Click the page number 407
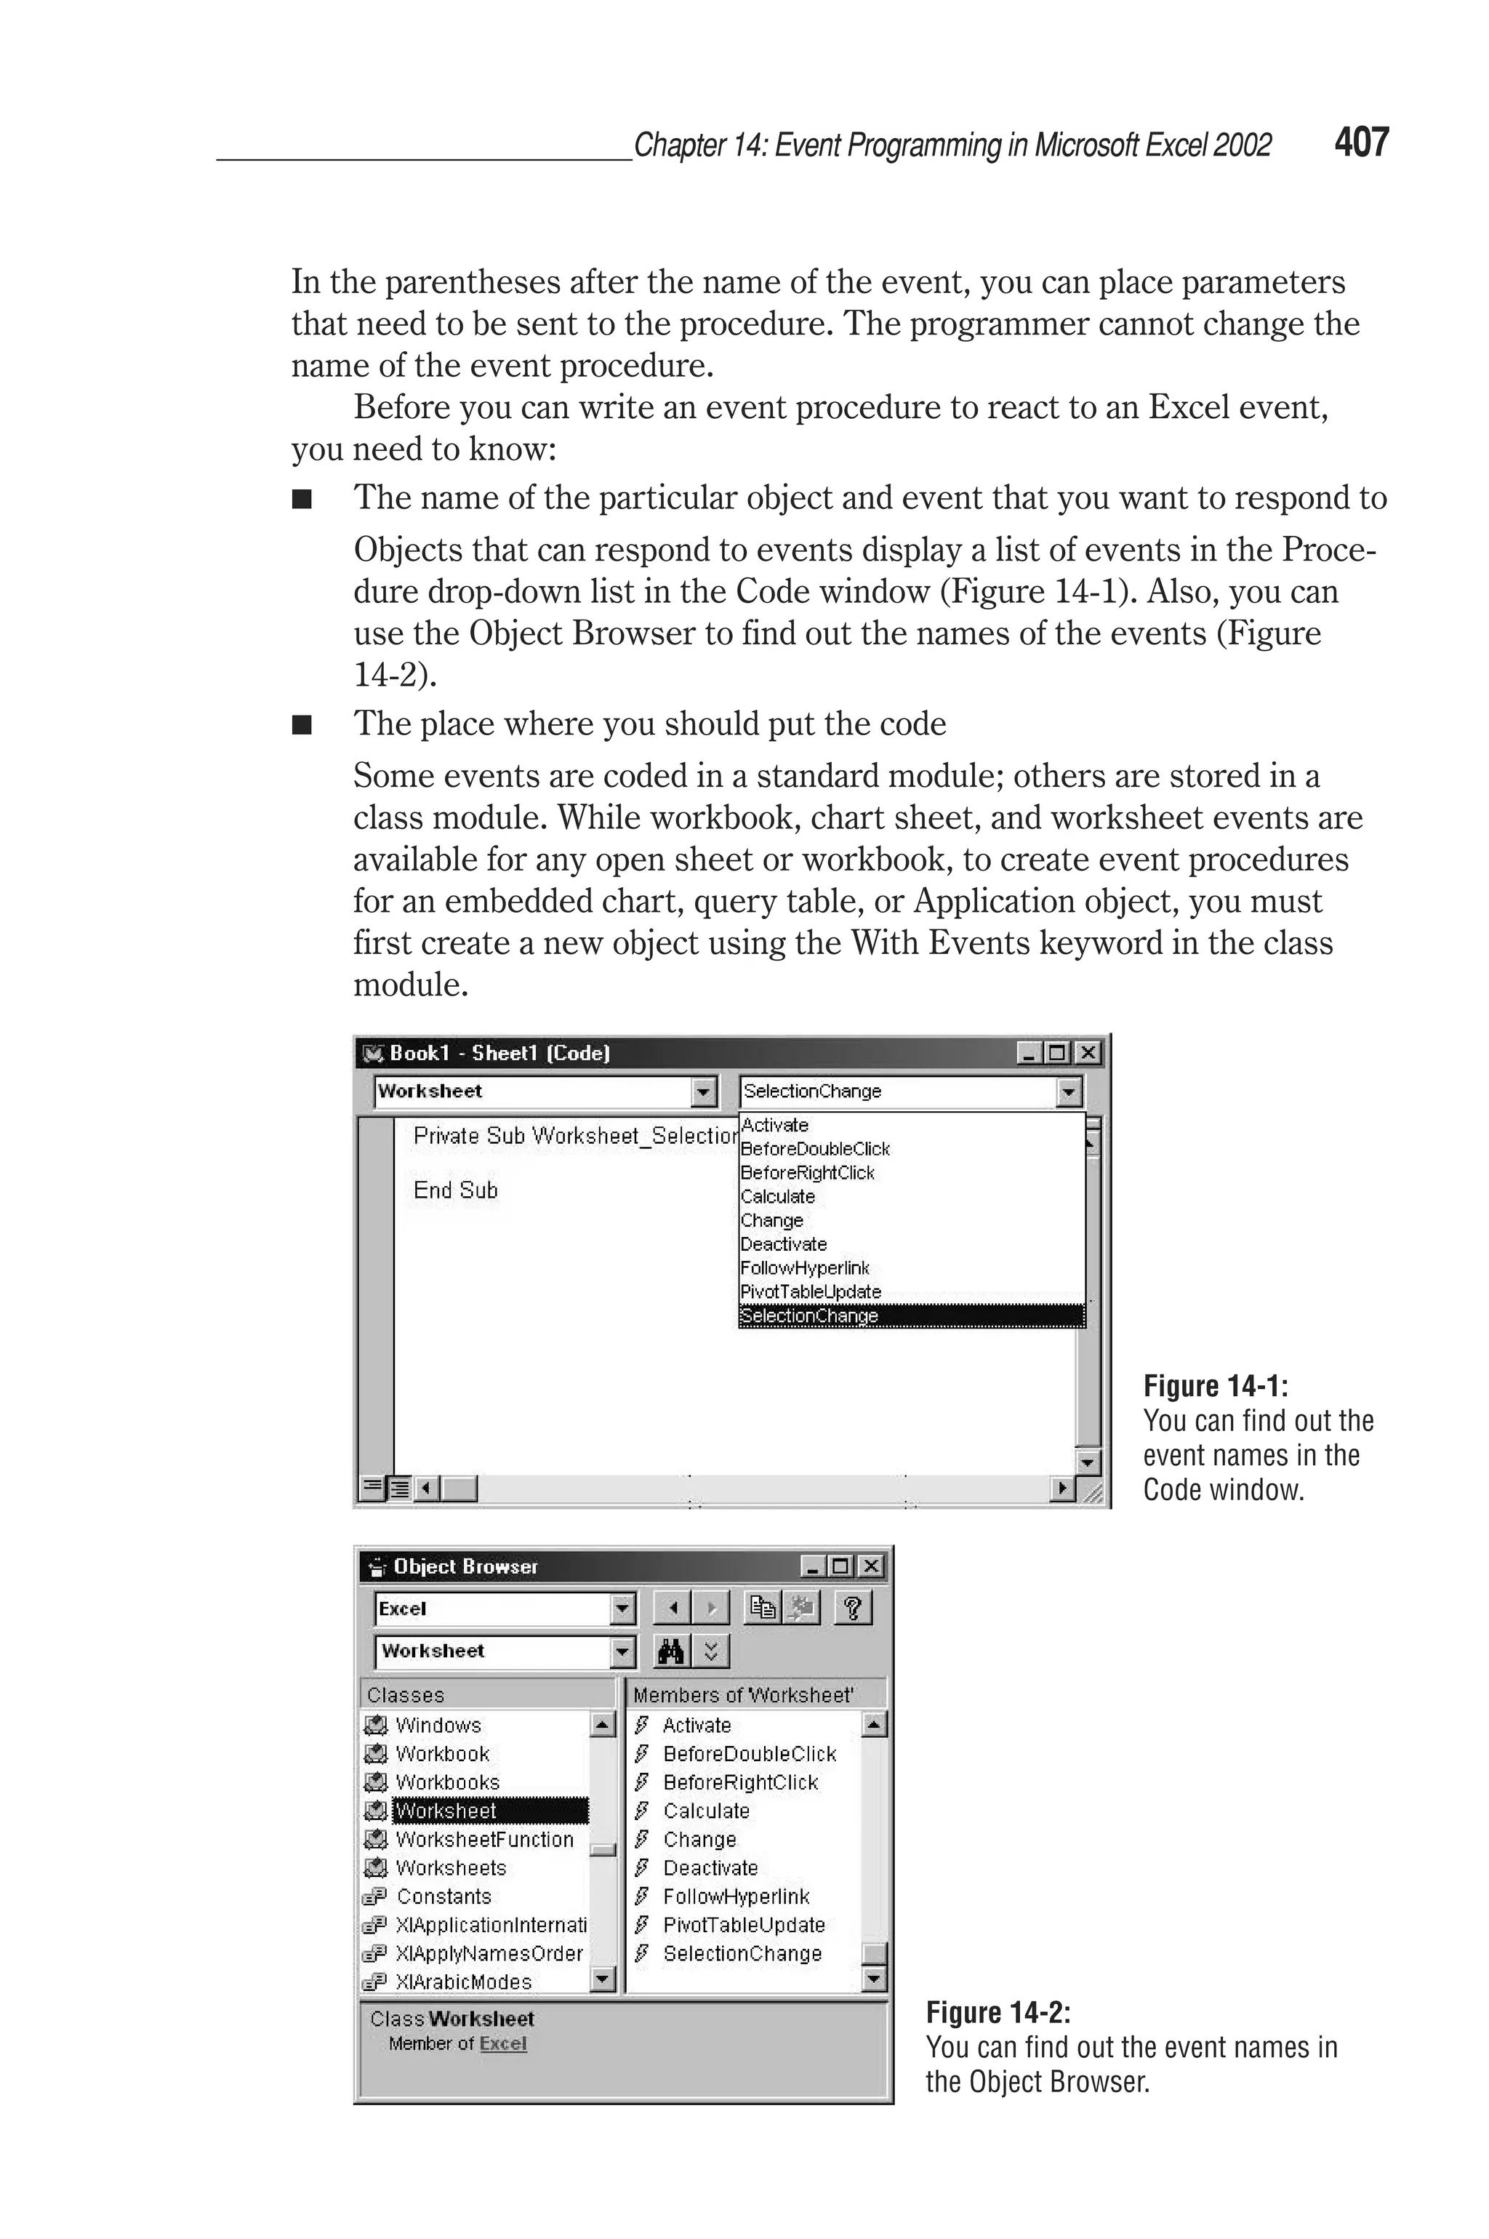point(1361,143)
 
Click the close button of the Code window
point(1088,1053)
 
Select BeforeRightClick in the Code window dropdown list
point(807,1173)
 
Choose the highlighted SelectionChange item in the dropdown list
point(809,1316)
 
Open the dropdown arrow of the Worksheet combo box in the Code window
point(703,1092)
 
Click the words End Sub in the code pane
point(455,1190)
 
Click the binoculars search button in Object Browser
point(670,1652)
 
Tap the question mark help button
point(852,1609)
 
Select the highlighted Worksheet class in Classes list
point(446,1811)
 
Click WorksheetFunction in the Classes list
point(484,1839)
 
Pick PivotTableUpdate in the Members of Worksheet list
point(744,1925)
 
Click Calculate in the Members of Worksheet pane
point(707,1811)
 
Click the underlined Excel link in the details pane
point(502,2043)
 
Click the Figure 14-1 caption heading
point(1215,1386)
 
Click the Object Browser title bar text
point(465,1567)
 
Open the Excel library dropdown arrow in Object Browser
point(622,1609)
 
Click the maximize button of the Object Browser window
point(840,1567)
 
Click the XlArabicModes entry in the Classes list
point(463,1982)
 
